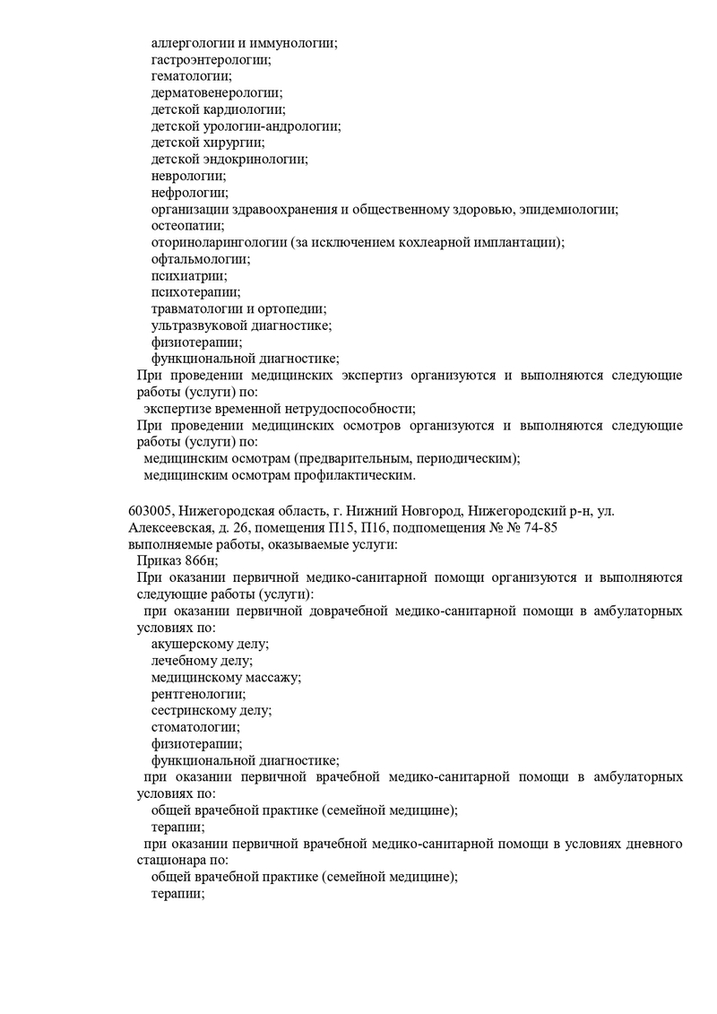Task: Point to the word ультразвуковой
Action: click(x=195, y=325)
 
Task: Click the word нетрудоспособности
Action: click(x=349, y=409)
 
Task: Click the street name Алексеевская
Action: click(x=170, y=527)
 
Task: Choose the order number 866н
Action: click(x=198, y=560)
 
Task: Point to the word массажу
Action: click(x=266, y=677)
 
